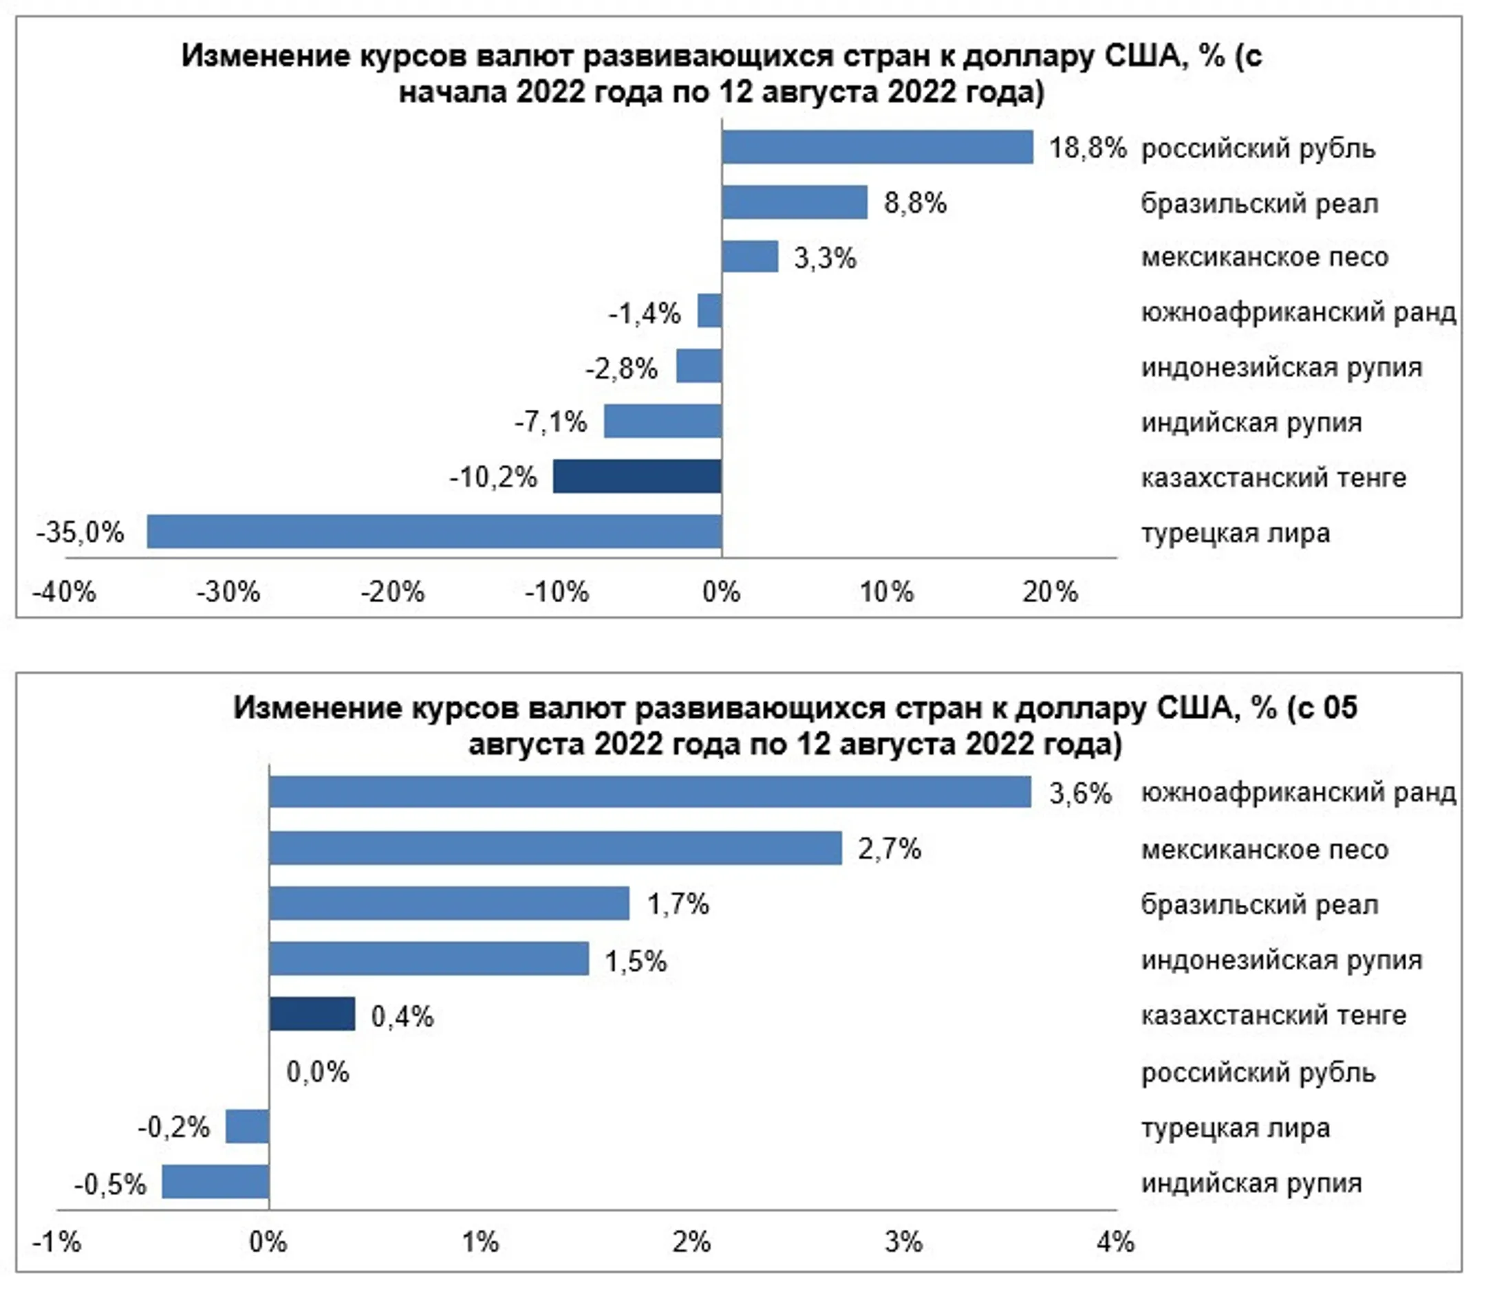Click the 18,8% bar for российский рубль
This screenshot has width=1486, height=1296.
pos(877,148)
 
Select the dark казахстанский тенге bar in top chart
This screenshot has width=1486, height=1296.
pos(637,476)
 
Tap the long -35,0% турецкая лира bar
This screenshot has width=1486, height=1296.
pos(434,531)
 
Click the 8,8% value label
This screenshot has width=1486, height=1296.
pos(915,204)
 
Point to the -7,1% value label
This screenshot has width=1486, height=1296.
pos(550,421)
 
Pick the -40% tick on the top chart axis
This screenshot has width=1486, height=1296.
pos(64,593)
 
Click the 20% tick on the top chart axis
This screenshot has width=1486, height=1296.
pos(1050,593)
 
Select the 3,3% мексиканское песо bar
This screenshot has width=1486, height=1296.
pos(749,256)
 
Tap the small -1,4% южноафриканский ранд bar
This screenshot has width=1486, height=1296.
pos(710,311)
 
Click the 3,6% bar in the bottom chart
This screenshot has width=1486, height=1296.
pos(649,792)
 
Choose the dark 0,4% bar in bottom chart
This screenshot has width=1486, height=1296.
pos(312,1014)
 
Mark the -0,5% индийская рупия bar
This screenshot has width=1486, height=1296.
pos(215,1182)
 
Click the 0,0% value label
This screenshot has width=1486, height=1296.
pos(318,1071)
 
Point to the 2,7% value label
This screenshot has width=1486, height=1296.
pos(890,848)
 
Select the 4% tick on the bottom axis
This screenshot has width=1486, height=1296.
pos(1115,1242)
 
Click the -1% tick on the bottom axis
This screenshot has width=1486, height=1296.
pos(56,1242)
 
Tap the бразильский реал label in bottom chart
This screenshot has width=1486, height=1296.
pos(1260,905)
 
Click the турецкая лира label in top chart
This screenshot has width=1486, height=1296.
pos(1236,533)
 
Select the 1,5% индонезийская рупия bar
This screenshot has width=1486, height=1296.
pos(429,959)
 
